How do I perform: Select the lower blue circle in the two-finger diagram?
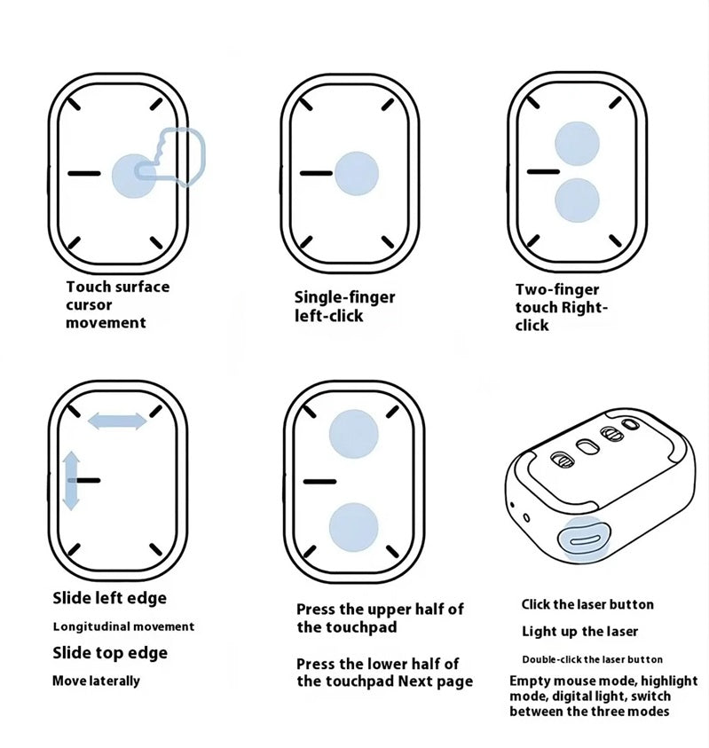[x=576, y=200]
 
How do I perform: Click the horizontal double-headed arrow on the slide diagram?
[x=117, y=421]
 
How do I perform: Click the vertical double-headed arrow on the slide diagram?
[x=71, y=479]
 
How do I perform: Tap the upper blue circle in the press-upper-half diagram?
[x=354, y=432]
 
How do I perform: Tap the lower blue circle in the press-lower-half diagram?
[x=354, y=526]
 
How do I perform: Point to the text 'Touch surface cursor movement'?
[x=117, y=304]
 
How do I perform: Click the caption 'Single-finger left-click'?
[x=344, y=306]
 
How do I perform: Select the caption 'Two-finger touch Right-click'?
[x=562, y=307]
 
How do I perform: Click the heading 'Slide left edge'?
[x=109, y=598]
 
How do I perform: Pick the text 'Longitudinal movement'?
[x=123, y=626]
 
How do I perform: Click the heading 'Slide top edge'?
[x=110, y=653]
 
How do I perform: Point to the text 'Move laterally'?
[x=96, y=681]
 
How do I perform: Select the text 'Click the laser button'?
[x=587, y=604]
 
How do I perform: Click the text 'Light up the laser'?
[x=579, y=632]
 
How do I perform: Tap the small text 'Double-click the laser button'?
[x=592, y=659]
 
